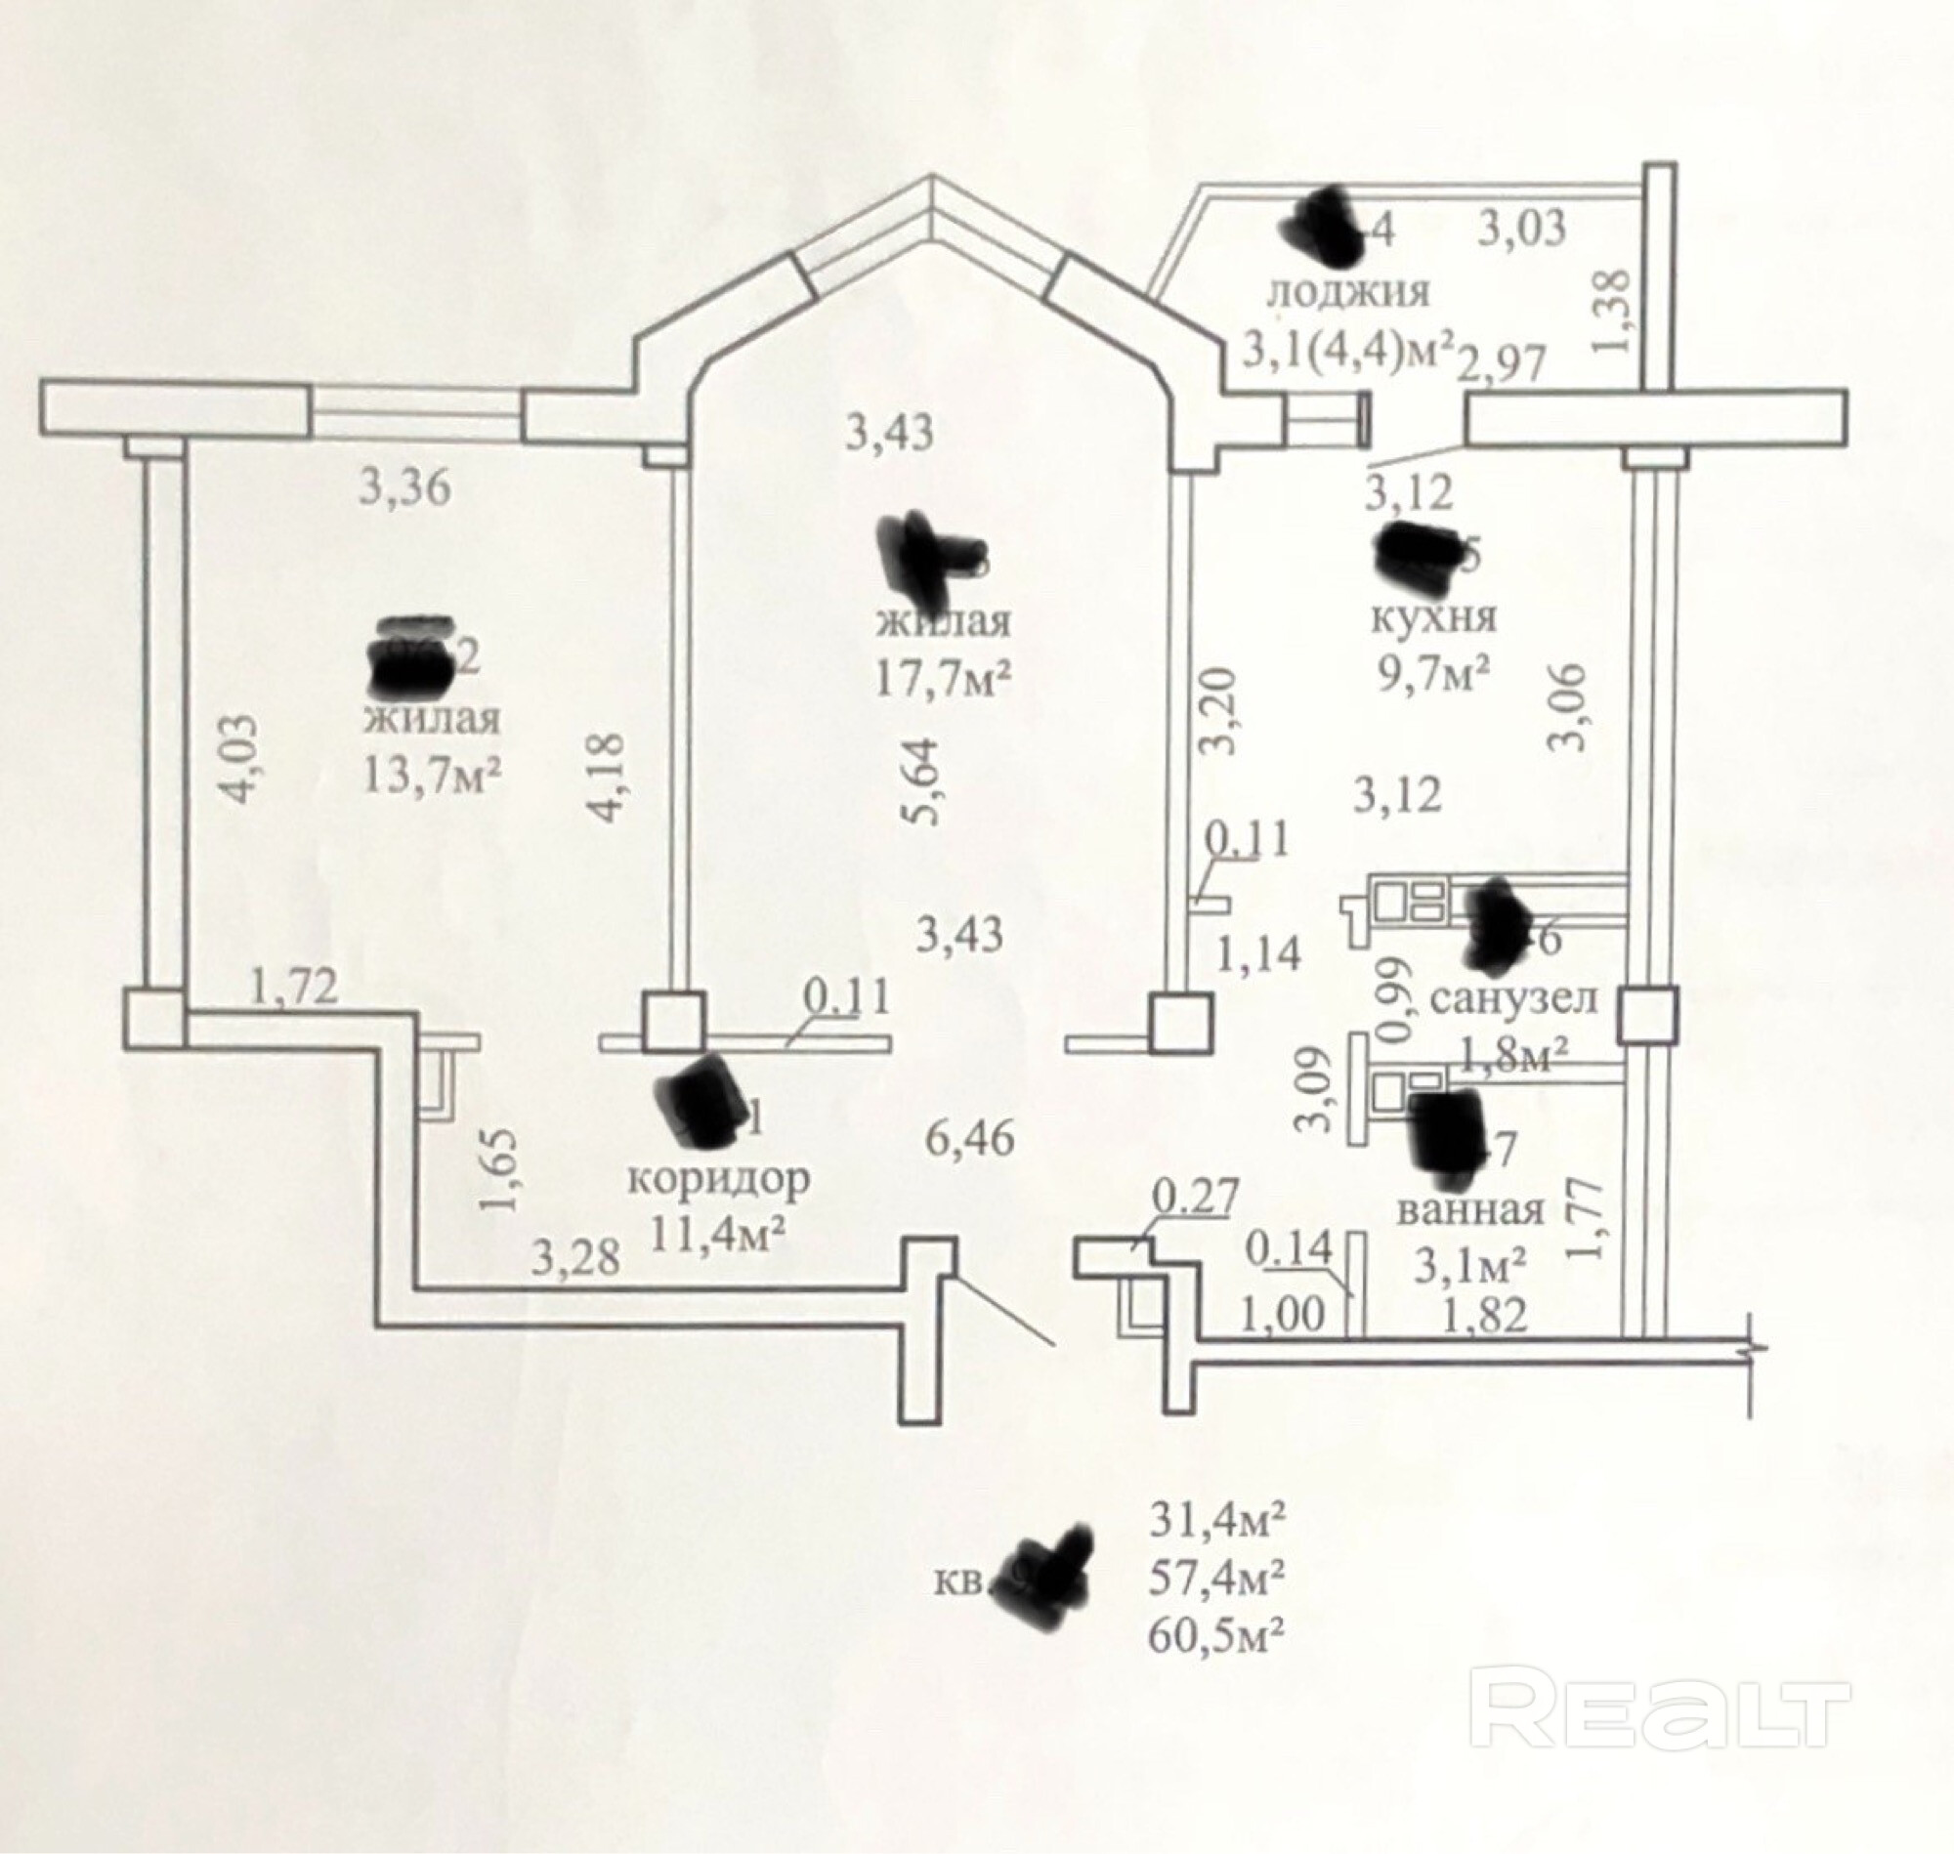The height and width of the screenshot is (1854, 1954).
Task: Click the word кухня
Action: point(1433,617)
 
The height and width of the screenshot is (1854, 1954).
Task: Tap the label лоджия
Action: point(1347,291)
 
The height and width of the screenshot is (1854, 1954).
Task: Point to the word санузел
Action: point(1513,999)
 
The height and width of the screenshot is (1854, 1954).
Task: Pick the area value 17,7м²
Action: point(943,679)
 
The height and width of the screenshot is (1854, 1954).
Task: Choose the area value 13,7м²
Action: point(431,776)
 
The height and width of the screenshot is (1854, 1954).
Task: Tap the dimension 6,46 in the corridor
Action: point(969,1140)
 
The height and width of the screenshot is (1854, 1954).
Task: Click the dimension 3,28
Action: point(576,1258)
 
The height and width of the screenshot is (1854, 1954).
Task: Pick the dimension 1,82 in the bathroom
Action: point(1484,1315)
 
